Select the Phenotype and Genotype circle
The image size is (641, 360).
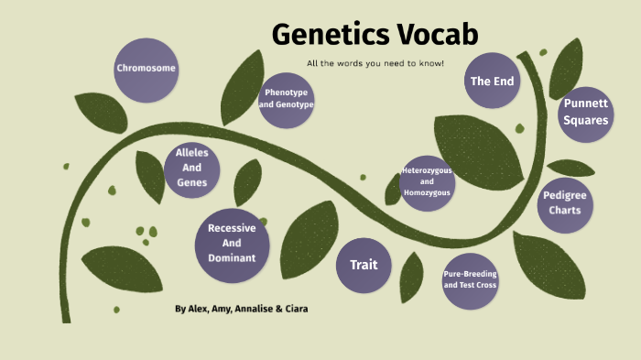[x=286, y=99]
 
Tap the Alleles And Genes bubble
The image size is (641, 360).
[x=192, y=169]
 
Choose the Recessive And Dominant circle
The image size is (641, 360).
[x=232, y=244]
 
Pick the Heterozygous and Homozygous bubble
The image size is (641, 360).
[x=428, y=181]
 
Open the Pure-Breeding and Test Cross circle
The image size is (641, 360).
[x=470, y=279]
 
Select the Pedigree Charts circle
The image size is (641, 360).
[x=565, y=202]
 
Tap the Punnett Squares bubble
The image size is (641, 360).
[x=584, y=112]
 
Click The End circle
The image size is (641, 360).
[x=493, y=82]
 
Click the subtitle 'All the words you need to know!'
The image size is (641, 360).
[x=375, y=62]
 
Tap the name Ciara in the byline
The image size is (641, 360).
[x=294, y=309]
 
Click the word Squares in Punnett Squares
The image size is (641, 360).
[x=584, y=120]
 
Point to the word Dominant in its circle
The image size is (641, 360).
[x=232, y=258]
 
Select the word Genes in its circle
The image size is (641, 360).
[x=192, y=182]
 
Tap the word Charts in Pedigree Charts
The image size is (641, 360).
[x=565, y=211]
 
